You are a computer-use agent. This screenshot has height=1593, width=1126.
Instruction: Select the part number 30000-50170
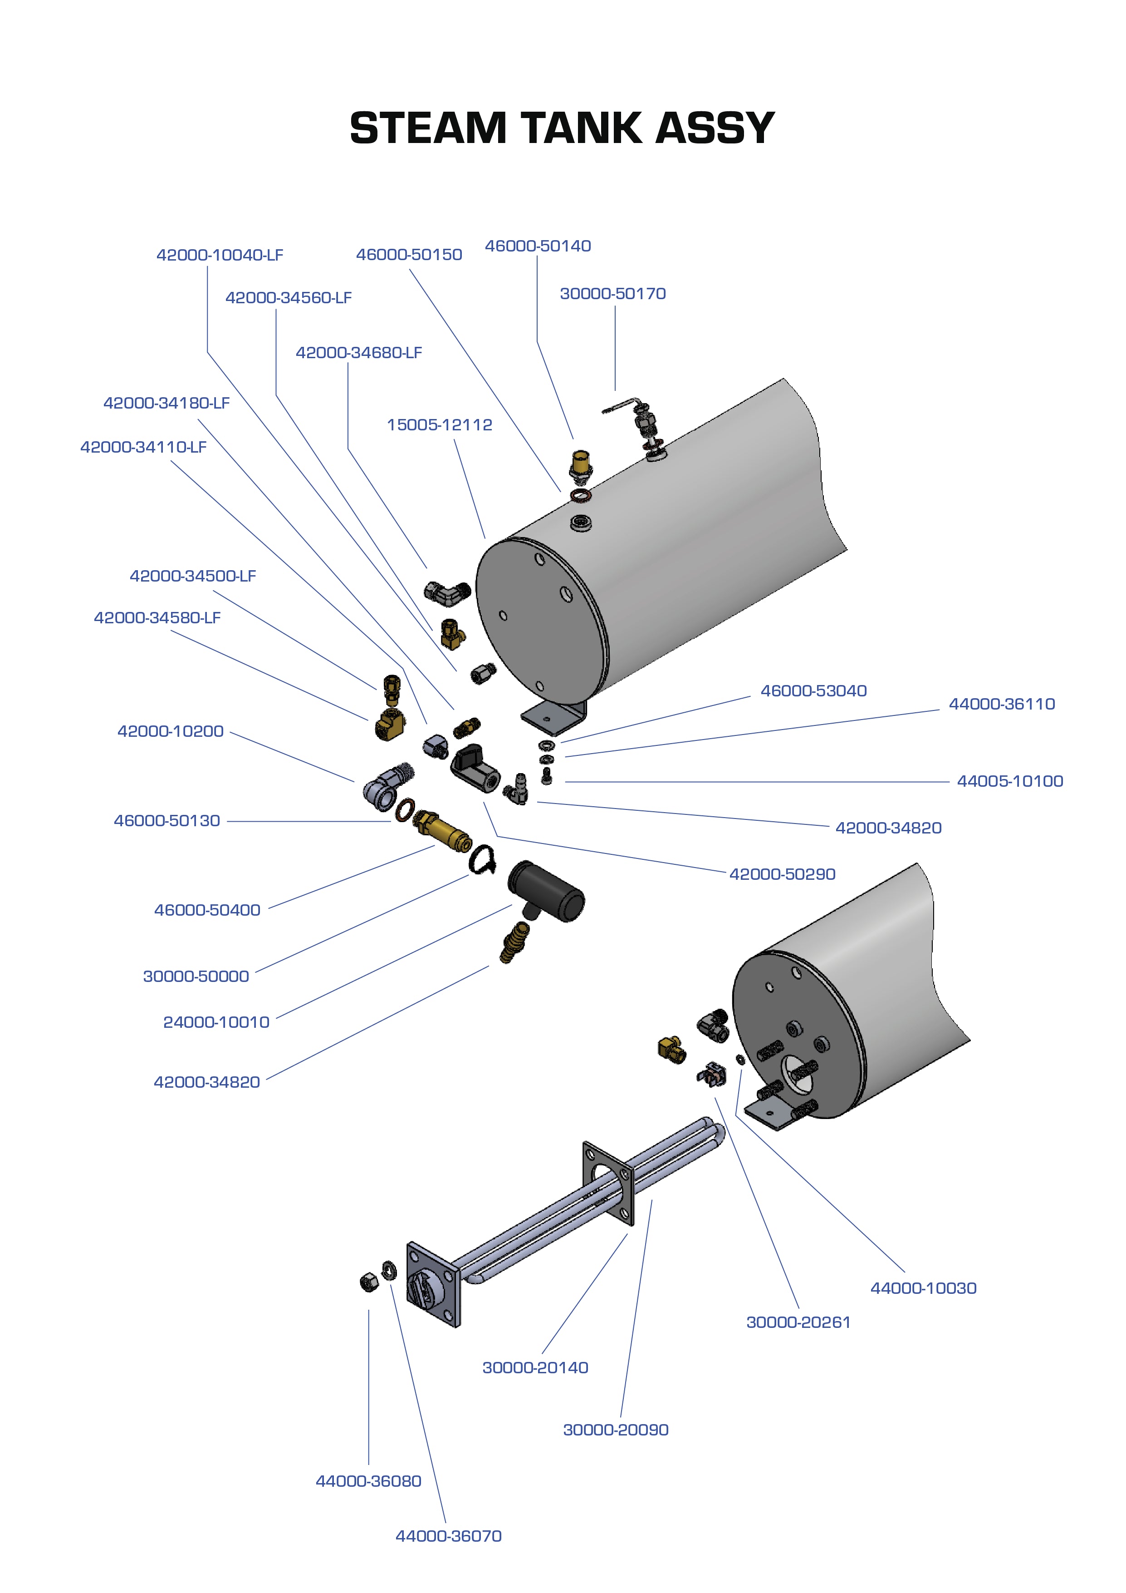(x=612, y=293)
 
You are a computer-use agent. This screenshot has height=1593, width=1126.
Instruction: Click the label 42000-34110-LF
(x=143, y=447)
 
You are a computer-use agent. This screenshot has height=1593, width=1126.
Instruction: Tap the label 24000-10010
(x=215, y=1022)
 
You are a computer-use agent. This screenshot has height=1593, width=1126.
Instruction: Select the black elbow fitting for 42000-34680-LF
(x=447, y=592)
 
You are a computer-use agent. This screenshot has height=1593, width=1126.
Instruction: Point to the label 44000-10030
(x=923, y=1288)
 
